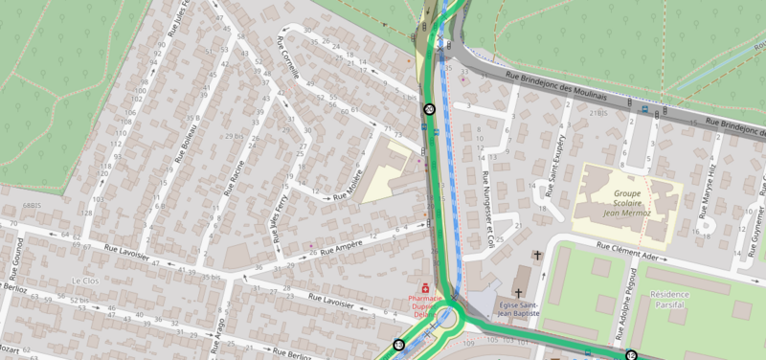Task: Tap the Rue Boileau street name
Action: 190,144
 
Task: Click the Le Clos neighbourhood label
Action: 85,280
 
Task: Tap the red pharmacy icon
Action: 425,287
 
